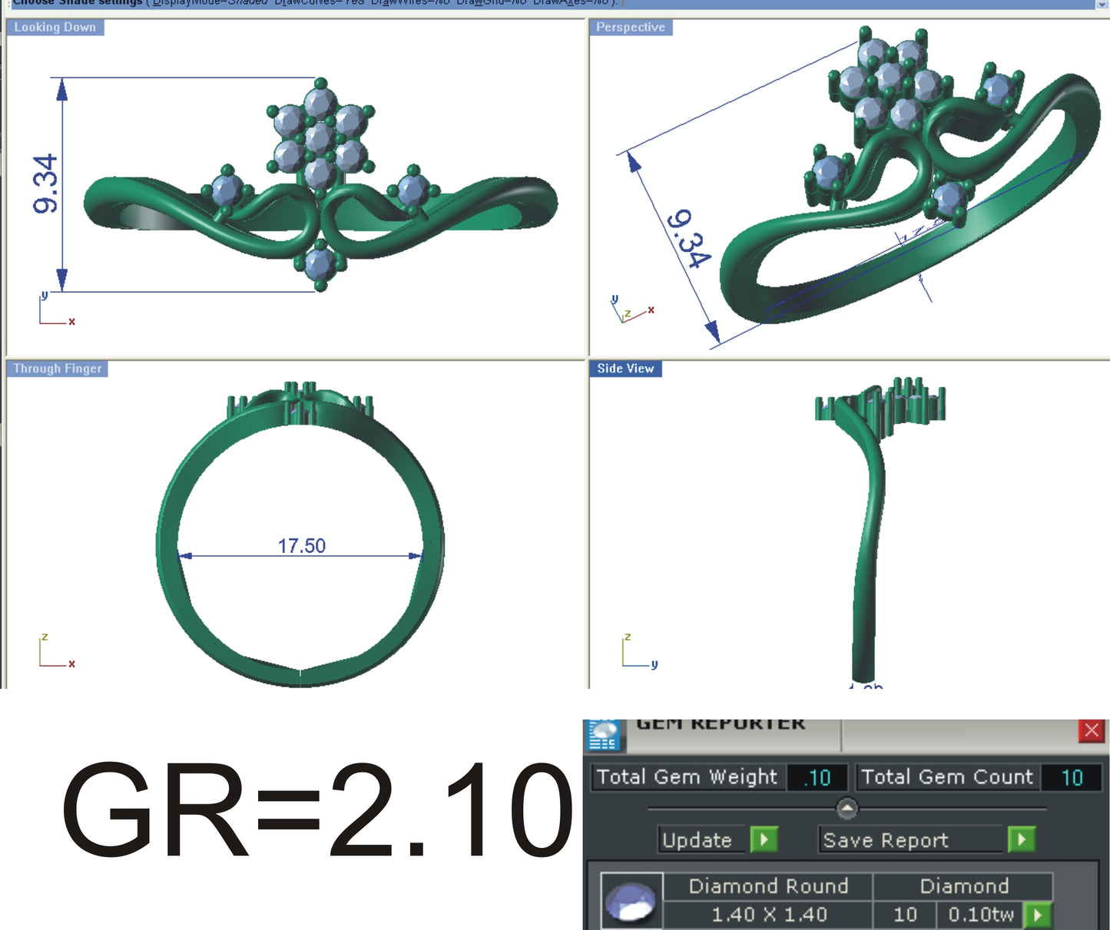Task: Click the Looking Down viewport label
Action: tap(55, 28)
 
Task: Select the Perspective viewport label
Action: tap(630, 28)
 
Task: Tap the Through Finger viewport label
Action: tap(57, 369)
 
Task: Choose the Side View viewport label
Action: tap(625, 369)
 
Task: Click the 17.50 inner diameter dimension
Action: tap(301, 546)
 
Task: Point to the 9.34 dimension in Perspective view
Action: tap(688, 239)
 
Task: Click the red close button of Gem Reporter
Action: tap(1091, 730)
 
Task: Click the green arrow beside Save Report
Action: tap(1021, 839)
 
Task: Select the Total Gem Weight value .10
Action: tap(817, 778)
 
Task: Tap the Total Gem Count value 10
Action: tap(1072, 778)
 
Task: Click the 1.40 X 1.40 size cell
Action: tap(768, 915)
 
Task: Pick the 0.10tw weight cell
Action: tap(980, 915)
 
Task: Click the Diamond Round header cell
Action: tap(768, 886)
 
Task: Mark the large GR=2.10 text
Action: tap(316, 809)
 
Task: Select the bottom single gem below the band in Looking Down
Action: tap(319, 264)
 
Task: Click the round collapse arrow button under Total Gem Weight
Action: tap(847, 808)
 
